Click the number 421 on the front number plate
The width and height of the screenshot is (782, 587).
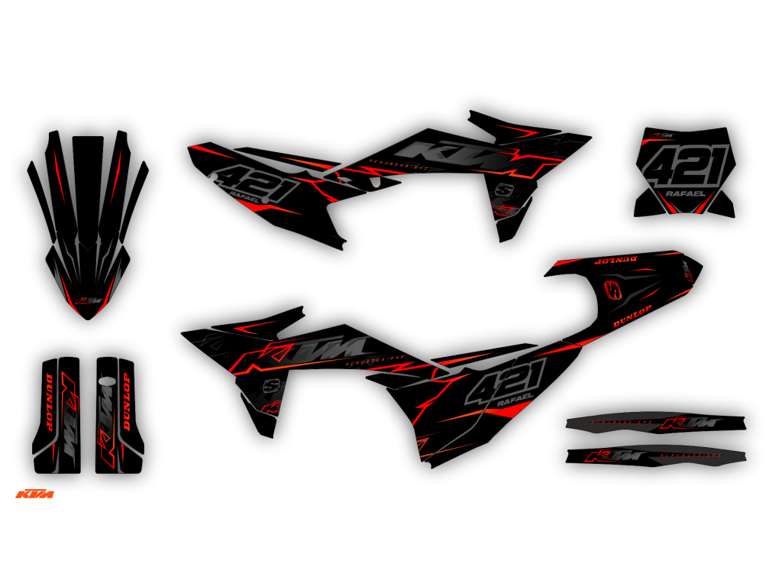point(685,167)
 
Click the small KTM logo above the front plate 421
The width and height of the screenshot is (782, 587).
point(659,138)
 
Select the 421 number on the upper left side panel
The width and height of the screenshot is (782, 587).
point(247,181)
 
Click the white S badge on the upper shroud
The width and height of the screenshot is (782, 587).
point(502,190)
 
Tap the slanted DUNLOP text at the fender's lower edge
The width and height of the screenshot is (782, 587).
point(632,316)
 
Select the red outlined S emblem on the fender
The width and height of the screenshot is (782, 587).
point(612,290)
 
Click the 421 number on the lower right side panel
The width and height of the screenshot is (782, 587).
point(507,380)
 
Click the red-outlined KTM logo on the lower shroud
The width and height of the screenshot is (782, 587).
point(305,353)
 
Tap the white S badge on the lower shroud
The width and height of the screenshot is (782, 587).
point(270,386)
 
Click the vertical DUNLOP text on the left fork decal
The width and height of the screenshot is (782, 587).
point(50,403)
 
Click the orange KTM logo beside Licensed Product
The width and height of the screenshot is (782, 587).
point(35,495)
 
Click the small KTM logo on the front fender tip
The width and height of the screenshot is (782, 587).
point(89,301)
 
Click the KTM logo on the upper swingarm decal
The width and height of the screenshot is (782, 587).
point(690,423)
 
